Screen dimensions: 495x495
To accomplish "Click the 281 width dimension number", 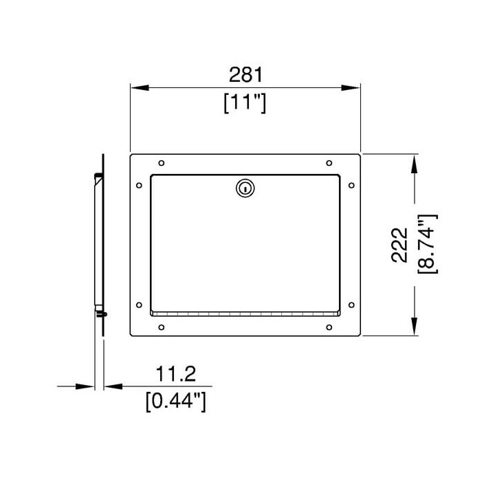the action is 245,74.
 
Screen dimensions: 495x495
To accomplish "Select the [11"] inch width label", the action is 245,102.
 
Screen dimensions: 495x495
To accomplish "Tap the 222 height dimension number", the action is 399,245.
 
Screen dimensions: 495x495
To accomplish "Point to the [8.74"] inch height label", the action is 427,244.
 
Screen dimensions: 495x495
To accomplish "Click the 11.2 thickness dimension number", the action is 176,374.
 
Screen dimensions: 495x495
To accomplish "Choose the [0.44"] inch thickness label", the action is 176,401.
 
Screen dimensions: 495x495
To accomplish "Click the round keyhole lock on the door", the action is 245,188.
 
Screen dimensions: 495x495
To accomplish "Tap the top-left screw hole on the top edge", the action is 162,163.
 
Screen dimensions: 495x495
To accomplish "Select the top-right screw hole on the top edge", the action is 329,163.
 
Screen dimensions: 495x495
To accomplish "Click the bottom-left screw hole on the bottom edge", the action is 162,327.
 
